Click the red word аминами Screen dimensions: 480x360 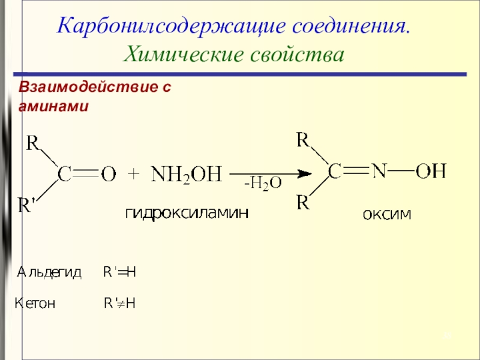(x=53, y=106)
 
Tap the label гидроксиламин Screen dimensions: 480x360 (x=187, y=212)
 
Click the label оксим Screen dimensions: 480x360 (x=386, y=214)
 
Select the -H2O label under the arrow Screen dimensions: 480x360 (x=262, y=184)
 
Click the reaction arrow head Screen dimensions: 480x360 (x=306, y=174)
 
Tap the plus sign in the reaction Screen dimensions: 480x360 (x=133, y=175)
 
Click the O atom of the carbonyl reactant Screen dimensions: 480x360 (x=109, y=175)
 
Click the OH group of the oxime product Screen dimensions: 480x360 (x=431, y=172)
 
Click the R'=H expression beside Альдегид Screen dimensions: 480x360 (x=119, y=272)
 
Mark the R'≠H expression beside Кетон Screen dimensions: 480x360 (x=119, y=304)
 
